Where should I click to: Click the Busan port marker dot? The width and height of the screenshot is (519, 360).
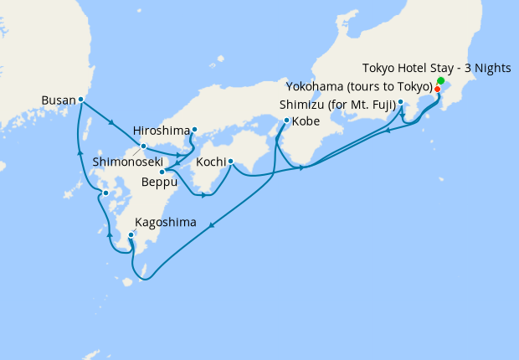coord(81,100)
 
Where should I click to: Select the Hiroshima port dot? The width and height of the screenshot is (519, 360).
coord(194,129)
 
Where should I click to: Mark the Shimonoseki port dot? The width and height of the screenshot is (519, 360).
coord(144,147)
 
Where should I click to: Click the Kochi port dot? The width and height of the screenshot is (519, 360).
coord(229,162)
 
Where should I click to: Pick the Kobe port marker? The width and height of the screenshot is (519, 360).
coord(286,121)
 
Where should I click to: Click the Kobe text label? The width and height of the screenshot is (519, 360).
coord(306,121)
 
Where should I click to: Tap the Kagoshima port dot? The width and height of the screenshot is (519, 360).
coord(131,235)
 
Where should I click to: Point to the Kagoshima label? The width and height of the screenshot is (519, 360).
coord(165,223)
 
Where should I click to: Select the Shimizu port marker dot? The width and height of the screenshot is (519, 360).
coord(401,102)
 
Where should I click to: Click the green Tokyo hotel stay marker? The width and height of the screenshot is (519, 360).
coord(440,81)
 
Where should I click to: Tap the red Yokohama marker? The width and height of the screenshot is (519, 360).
coord(437,88)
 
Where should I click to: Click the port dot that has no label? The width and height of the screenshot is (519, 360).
coord(105,193)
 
